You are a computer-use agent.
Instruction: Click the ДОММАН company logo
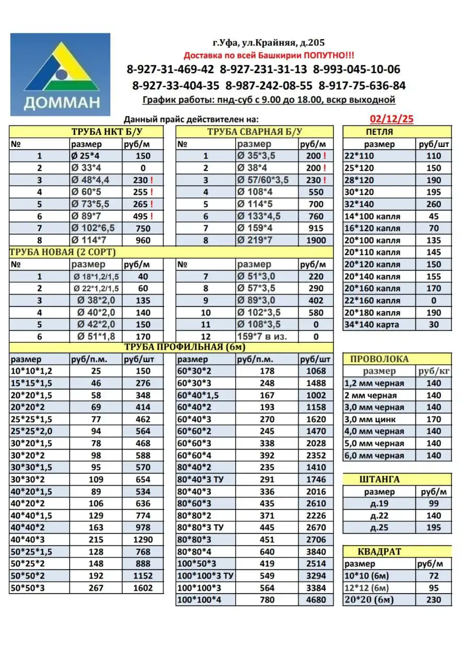(x=61, y=74)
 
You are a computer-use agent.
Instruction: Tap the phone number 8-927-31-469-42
(x=170, y=70)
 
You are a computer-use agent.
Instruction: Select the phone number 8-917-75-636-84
(x=362, y=86)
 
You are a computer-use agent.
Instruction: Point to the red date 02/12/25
(x=391, y=119)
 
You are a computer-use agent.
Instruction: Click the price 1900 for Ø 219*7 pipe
(x=316, y=240)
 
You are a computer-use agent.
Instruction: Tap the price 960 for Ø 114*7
(x=142, y=240)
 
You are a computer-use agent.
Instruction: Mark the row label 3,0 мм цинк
(x=370, y=419)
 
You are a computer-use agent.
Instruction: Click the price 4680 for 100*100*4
(x=316, y=600)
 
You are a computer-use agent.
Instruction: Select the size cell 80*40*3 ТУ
(x=202, y=479)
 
